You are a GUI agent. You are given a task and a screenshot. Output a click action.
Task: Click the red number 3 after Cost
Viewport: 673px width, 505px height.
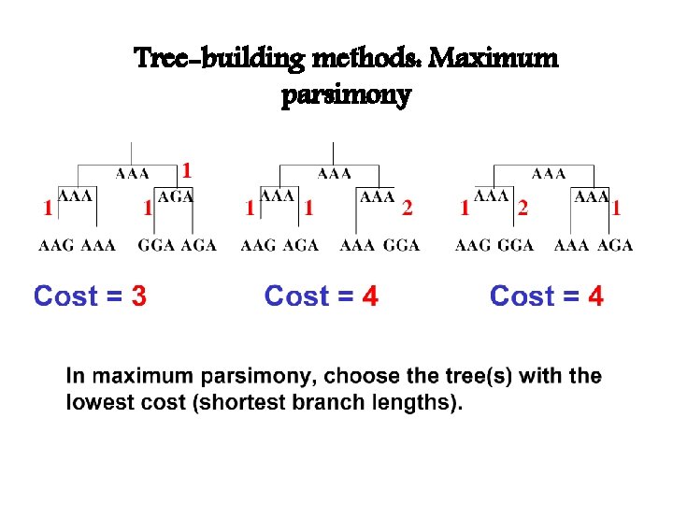[138, 297]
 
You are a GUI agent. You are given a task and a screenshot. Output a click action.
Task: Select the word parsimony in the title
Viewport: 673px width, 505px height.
[346, 95]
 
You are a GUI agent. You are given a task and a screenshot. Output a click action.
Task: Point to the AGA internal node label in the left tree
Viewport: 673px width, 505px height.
[175, 197]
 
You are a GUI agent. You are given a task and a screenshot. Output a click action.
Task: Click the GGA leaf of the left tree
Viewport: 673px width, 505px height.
[156, 246]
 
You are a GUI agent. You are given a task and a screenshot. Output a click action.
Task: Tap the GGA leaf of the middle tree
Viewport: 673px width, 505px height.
[402, 246]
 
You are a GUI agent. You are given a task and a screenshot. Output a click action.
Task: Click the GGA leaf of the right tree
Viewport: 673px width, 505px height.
[516, 246]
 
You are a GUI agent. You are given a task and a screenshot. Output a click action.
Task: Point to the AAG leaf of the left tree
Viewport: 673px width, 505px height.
[56, 246]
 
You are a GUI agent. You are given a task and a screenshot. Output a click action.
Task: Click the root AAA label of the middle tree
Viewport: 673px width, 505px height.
[335, 173]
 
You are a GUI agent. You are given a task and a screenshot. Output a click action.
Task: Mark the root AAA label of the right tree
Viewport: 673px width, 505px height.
[549, 173]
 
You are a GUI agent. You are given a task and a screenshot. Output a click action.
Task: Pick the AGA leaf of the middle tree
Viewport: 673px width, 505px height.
[300, 246]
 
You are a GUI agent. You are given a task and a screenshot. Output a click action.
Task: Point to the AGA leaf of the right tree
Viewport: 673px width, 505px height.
[615, 246]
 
